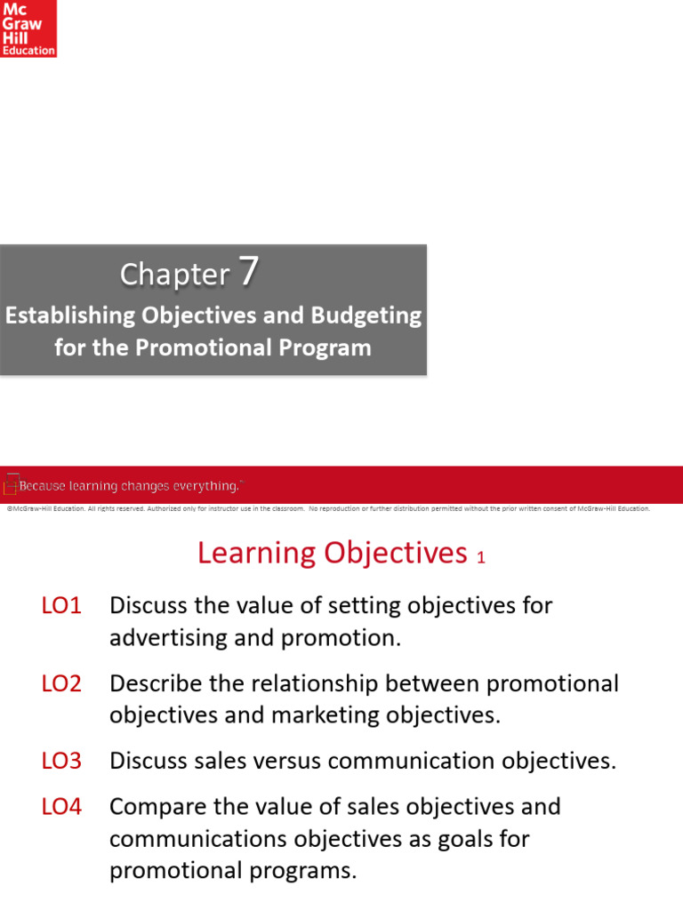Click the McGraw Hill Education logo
(x=28, y=28)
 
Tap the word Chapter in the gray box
(x=174, y=275)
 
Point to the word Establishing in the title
(x=68, y=315)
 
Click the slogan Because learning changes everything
(x=130, y=486)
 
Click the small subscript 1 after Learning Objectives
(x=481, y=558)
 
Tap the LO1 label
(x=61, y=606)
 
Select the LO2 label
(x=61, y=683)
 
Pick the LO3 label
(x=61, y=761)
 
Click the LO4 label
(x=61, y=807)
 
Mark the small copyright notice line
(x=327, y=509)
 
